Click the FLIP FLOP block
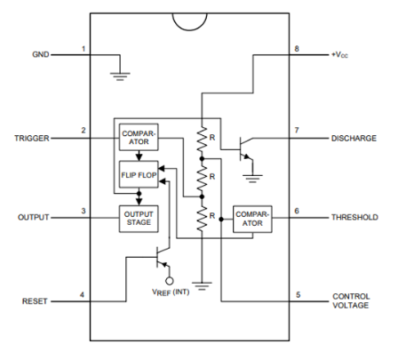click(139, 174)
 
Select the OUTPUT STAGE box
click(139, 219)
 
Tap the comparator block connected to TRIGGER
click(139, 138)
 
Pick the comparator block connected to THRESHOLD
click(252, 219)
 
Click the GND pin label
click(41, 54)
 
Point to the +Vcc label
click(339, 55)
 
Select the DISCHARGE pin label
click(354, 139)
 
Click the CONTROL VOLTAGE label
click(351, 300)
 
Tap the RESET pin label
click(35, 301)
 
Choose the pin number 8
click(297, 49)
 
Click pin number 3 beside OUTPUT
click(84, 211)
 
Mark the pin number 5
click(299, 295)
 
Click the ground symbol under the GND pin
click(120, 76)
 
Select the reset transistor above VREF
click(163, 257)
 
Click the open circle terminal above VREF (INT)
click(169, 281)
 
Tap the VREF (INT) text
click(171, 292)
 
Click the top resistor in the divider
click(202, 139)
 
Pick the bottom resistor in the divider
click(202, 219)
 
